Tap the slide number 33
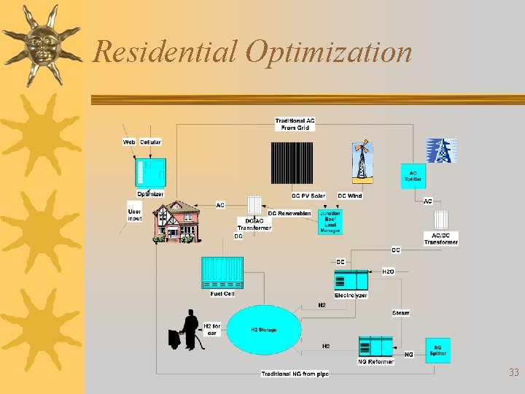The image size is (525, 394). coord(513,373)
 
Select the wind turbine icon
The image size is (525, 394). coord(361,161)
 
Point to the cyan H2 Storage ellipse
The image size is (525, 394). coord(264,330)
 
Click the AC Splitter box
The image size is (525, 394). coord(413,176)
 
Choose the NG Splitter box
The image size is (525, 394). coord(437,351)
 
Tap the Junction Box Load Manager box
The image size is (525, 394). coord(330,221)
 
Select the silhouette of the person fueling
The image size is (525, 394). coord(187,331)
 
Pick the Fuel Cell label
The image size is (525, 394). coord(222,294)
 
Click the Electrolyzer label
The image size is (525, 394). coord(351,295)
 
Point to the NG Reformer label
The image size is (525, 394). coord(376,361)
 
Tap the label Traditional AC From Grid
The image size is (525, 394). coord(295,124)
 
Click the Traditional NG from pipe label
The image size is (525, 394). coord(295,374)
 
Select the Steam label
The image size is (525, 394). coord(401,313)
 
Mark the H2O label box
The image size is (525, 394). coord(388,271)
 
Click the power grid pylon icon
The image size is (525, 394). coord(441,150)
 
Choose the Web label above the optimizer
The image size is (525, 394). coord(129,142)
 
